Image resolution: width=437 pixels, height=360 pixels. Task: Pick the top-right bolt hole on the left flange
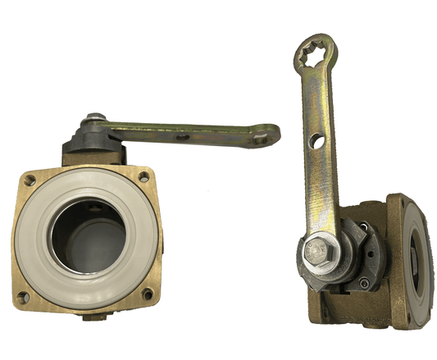coord(144,176)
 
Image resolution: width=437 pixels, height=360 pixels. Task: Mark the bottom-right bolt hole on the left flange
coord(148,294)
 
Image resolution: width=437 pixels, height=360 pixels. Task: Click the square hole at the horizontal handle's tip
coord(260,137)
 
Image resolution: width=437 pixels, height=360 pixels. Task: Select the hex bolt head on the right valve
coord(320,253)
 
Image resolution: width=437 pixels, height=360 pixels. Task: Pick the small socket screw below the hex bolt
coord(362,285)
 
